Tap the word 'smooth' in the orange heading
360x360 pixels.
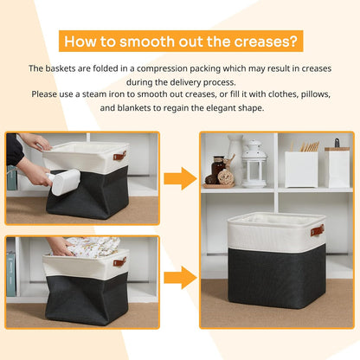pyautogui.click(x=143, y=41)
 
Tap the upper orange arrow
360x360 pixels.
pyautogui.click(x=180, y=179)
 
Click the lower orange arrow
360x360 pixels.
pyautogui.click(x=180, y=278)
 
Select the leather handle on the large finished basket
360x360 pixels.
pyautogui.click(x=318, y=230)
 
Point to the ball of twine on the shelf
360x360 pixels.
pyautogui.click(x=226, y=177)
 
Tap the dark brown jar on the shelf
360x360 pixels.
pyautogui.click(x=217, y=166)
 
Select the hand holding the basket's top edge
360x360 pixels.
pyautogui.click(x=35, y=140)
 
